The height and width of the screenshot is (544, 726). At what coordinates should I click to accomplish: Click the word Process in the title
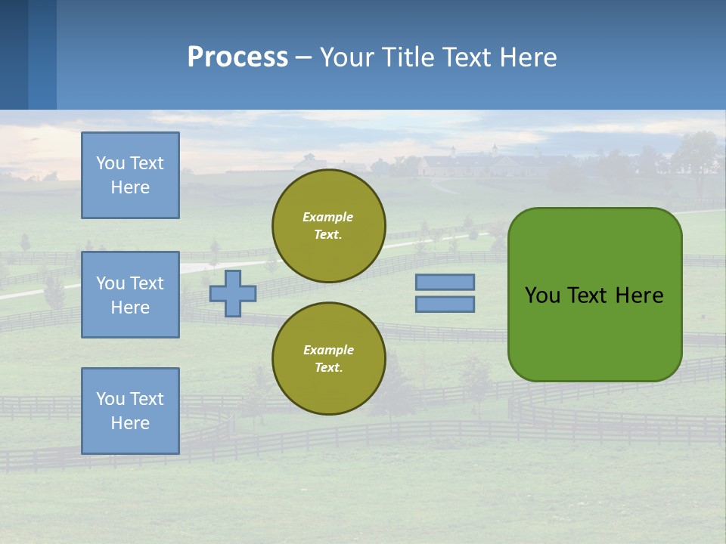tap(237, 57)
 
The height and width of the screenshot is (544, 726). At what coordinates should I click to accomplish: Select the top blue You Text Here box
tap(130, 175)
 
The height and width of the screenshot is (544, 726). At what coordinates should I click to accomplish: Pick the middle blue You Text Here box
tap(130, 295)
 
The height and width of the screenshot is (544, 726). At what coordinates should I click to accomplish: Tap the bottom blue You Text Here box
tap(130, 411)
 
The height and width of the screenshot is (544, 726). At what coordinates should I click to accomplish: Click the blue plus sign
tap(233, 293)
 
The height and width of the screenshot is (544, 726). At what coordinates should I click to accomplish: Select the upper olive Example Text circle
tap(328, 226)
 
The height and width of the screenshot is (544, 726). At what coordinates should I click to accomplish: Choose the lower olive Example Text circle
tap(328, 359)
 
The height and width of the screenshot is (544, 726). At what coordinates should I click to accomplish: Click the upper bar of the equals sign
tap(445, 282)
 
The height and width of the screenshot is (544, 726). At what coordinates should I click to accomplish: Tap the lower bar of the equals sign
tap(445, 304)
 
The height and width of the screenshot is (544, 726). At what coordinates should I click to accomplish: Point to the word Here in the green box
tap(639, 295)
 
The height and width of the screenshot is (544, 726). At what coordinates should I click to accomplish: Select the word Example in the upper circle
tap(328, 217)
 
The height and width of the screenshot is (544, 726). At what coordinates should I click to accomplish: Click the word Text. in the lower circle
tap(328, 368)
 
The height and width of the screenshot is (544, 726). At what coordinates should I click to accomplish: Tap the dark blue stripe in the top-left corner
tap(14, 54)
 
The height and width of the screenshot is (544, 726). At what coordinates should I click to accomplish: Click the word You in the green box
tap(542, 295)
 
